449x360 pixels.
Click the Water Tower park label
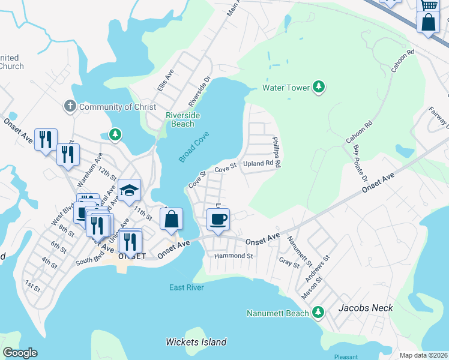coord(286,88)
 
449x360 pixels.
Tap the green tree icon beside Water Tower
coord(319,88)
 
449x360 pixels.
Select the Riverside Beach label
coord(183,119)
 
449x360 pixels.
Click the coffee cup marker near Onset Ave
coord(217,220)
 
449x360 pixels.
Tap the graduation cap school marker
coord(129,190)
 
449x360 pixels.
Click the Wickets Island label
coord(196,342)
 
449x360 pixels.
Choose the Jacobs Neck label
coord(365,308)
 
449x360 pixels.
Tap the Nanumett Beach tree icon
coord(319,313)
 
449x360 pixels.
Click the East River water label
coord(187,287)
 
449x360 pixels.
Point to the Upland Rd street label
coord(262,163)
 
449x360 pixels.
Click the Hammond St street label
coord(234,256)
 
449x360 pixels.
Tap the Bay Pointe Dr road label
coord(360,163)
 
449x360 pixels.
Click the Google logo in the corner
coord(20,353)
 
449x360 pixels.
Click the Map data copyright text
coord(423,355)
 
